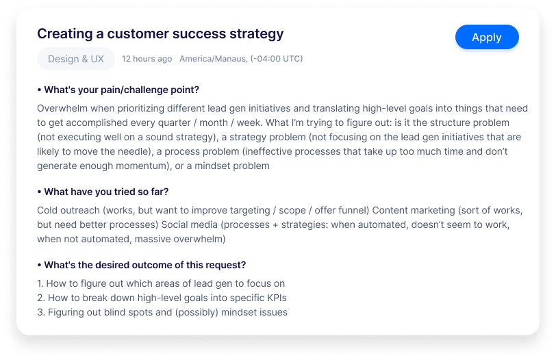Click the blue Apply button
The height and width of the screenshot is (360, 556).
pos(487,37)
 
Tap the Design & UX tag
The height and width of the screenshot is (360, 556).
pos(76,59)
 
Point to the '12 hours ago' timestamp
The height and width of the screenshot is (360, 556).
pos(147,59)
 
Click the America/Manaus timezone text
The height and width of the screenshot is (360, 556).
pos(241,59)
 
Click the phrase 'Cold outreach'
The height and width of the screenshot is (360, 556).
pos(68,211)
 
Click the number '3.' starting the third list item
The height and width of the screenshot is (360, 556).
pos(41,313)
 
